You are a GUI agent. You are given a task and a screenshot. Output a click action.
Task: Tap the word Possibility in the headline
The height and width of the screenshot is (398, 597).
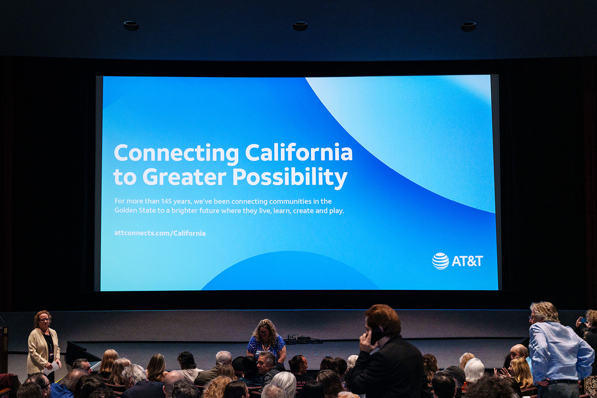(290, 178)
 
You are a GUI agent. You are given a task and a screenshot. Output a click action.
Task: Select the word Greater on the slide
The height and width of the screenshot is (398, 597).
(184, 177)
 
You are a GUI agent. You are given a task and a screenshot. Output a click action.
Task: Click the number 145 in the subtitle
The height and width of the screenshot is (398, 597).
(166, 201)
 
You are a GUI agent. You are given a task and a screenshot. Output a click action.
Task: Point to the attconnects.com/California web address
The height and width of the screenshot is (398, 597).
(160, 233)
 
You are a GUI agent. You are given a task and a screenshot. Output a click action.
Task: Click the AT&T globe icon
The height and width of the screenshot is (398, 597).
(440, 261)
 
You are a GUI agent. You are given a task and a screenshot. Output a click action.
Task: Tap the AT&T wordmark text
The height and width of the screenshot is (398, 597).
(467, 261)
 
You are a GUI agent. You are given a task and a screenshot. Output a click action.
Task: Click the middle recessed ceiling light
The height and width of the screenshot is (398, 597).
(300, 26)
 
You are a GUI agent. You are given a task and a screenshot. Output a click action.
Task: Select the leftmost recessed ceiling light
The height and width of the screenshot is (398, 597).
(131, 26)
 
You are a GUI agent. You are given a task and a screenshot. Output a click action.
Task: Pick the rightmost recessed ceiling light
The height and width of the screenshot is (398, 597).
(469, 26)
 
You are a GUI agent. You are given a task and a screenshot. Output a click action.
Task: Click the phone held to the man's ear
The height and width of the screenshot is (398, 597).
(376, 335)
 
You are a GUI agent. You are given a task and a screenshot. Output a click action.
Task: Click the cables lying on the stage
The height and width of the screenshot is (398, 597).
(303, 339)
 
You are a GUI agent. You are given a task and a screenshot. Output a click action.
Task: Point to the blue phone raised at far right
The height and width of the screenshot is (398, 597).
(584, 320)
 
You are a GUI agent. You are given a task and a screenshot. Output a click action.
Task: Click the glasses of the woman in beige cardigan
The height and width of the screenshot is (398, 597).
(44, 320)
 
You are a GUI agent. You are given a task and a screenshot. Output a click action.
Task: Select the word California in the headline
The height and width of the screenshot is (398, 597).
(299, 153)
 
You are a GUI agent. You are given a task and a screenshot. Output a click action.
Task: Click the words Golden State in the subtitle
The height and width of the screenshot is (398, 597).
(135, 210)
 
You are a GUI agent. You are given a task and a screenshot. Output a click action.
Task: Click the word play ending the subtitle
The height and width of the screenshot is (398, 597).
(336, 211)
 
